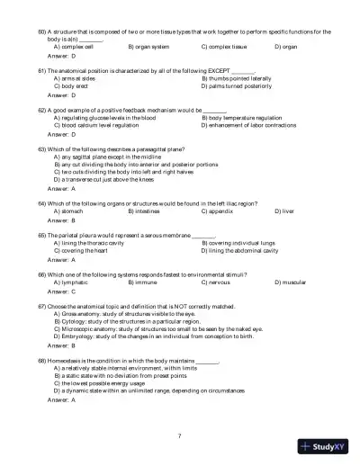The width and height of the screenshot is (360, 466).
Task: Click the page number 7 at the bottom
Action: pos(180,435)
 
